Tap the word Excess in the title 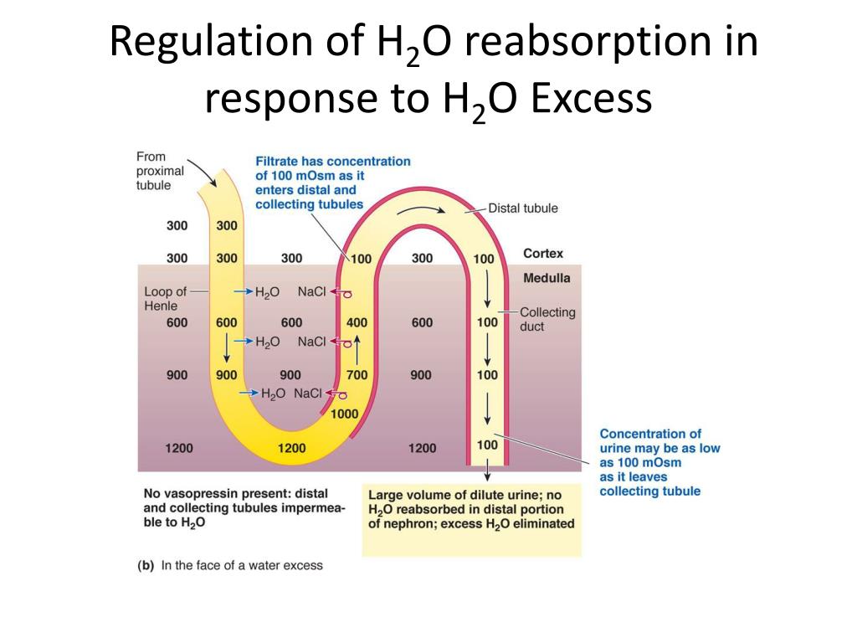coord(592,99)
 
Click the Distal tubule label coord(523,208)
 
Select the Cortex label coord(542,253)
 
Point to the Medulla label coord(547,278)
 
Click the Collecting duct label coord(547,319)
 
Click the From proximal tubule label coord(160,171)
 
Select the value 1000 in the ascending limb coord(344,414)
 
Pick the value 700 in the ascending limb coord(357,375)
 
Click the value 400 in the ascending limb coord(357,322)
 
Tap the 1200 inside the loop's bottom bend coord(291,449)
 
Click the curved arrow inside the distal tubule coord(421,209)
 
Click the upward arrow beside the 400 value coord(357,350)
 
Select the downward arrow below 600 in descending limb coord(226,347)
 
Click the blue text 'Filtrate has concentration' coord(333,162)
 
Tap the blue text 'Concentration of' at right coord(650,434)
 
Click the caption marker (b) coord(146,565)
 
